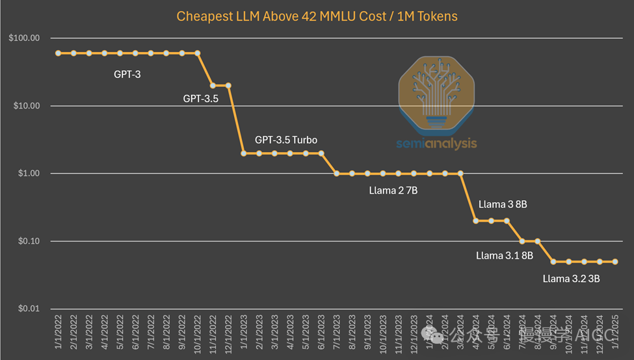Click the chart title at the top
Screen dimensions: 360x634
pos(317,16)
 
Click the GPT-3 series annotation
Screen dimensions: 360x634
pos(127,74)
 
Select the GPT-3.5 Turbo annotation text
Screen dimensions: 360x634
pos(286,140)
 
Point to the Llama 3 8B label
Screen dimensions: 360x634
pos(502,204)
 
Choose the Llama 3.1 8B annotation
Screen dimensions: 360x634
pos(504,255)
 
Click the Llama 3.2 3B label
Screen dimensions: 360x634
pos(571,279)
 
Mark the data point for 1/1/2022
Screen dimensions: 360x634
pos(58,53)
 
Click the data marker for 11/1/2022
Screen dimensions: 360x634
pos(213,85)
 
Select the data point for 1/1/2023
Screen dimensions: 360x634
pos(244,153)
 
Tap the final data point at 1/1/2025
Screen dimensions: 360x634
pos(615,262)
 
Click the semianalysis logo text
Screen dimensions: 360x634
pos(436,144)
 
